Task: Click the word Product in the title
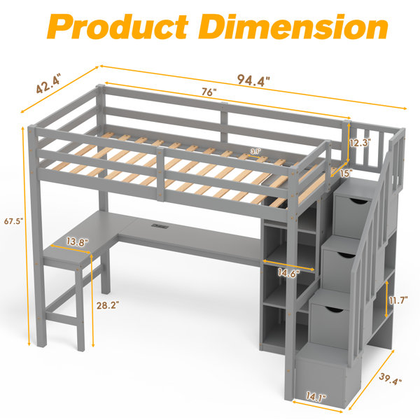click(x=118, y=27)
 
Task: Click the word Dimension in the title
click(x=293, y=27)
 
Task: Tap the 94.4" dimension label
click(x=253, y=80)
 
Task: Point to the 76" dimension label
click(x=209, y=92)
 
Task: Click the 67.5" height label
click(x=14, y=221)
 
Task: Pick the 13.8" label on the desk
click(x=78, y=242)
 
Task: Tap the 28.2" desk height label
click(x=108, y=305)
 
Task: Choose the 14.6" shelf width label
click(x=288, y=273)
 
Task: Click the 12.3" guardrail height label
click(x=360, y=143)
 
